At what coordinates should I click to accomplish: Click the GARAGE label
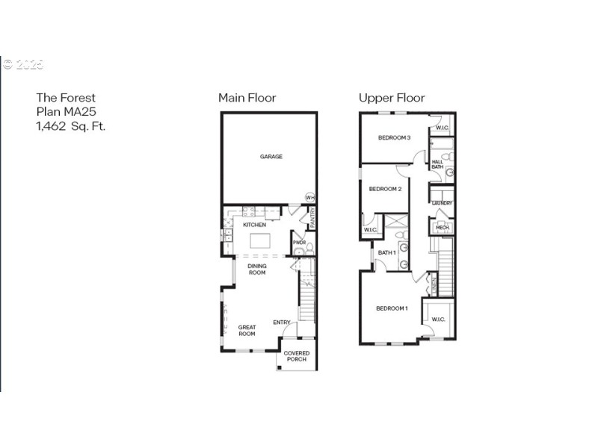coord(271,157)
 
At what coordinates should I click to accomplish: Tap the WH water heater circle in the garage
coord(309,197)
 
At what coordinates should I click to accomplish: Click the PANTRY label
coord(312,218)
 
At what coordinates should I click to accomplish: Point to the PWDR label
coord(299,243)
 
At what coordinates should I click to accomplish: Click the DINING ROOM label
coord(257,269)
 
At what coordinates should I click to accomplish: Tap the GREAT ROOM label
coord(247,330)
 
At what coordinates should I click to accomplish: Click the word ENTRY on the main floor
coord(282,323)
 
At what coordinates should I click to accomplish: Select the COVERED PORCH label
coord(297,356)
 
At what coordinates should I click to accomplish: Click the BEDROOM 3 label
coord(394,137)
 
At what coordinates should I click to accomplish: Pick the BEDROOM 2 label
coord(386,189)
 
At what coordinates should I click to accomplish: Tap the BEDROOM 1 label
coord(391,308)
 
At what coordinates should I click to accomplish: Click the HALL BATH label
coord(437,164)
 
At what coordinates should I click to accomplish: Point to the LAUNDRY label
coord(442,203)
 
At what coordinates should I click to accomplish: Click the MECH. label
coord(442,228)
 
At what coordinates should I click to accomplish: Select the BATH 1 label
coord(386,253)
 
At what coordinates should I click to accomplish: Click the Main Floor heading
coord(247,98)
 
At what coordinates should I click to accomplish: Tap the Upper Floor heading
coord(392,98)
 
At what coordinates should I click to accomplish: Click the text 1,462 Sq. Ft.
coord(71,126)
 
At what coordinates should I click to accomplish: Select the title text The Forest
coord(66,97)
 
